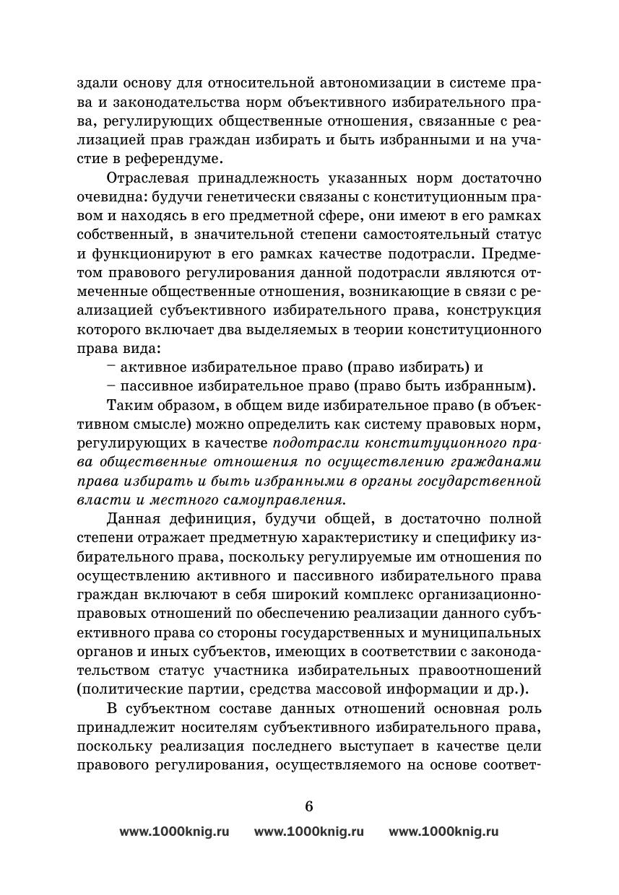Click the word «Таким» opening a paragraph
pyautogui.click(x=131, y=403)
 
